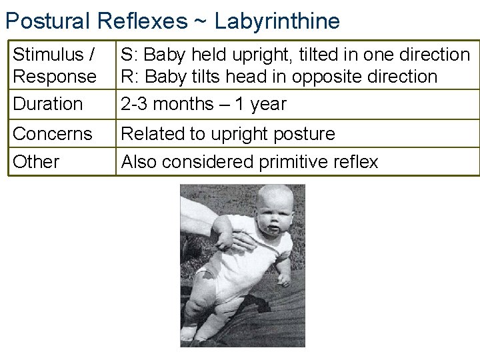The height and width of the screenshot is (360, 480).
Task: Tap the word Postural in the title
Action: point(48,21)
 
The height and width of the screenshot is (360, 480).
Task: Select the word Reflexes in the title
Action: point(142,21)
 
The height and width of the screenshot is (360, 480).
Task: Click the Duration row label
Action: point(48,104)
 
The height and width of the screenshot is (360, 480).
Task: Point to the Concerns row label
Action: point(53,133)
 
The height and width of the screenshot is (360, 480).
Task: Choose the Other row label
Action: point(36,161)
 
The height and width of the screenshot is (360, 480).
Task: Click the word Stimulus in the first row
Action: point(48,54)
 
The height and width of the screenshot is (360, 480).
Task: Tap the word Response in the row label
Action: point(55,76)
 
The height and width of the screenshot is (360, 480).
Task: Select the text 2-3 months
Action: point(163,104)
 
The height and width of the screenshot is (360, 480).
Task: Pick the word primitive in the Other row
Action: point(283,161)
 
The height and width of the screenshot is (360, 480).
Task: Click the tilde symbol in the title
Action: point(199,21)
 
